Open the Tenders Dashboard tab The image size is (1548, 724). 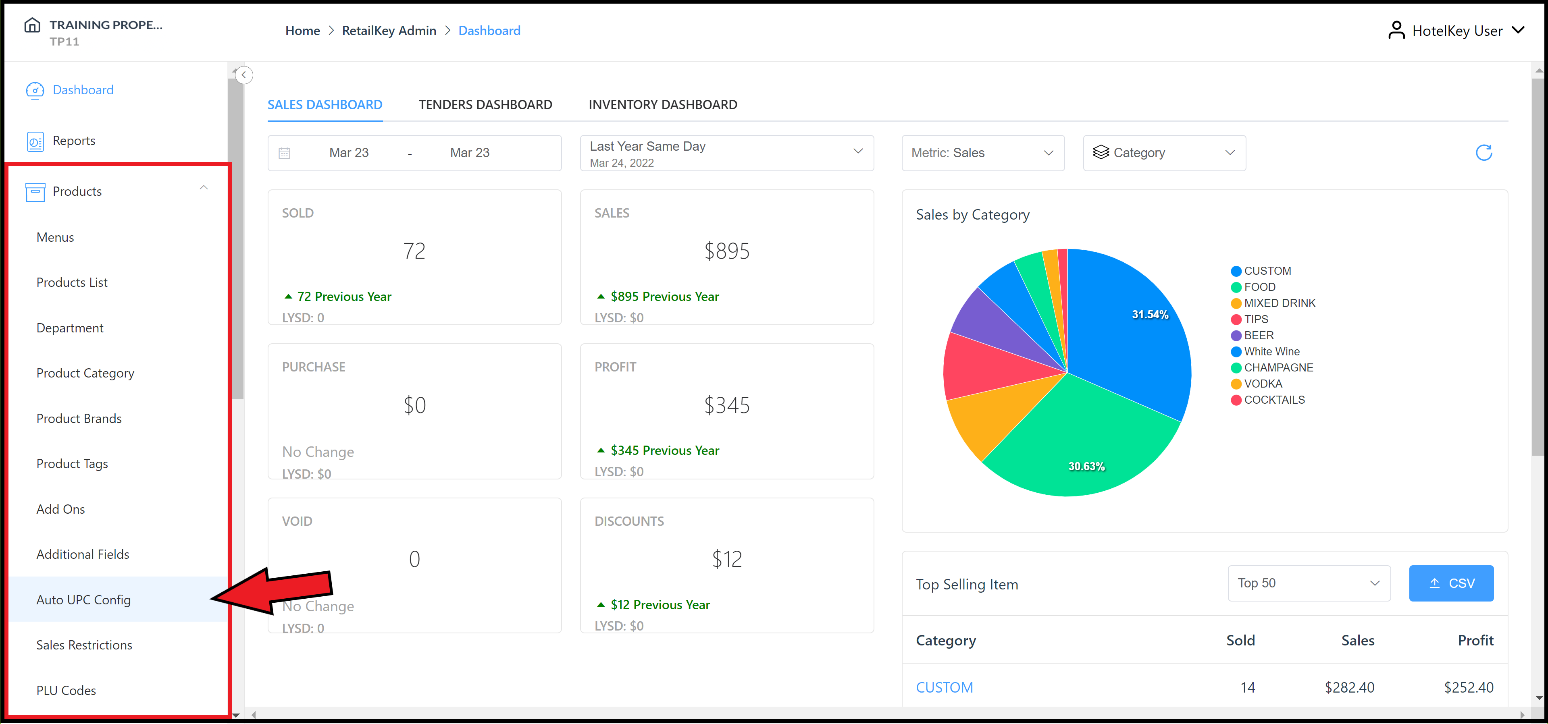click(485, 104)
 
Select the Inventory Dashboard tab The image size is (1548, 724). click(662, 104)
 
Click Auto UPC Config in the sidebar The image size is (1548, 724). click(83, 600)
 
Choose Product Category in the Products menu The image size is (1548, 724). click(85, 373)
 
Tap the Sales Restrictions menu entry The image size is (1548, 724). click(84, 645)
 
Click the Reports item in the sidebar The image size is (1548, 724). click(74, 141)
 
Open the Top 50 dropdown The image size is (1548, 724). click(1308, 583)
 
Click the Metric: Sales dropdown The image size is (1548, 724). click(982, 153)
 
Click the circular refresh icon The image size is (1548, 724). click(1483, 153)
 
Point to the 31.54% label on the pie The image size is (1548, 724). click(1150, 314)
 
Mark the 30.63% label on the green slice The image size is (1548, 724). click(1086, 466)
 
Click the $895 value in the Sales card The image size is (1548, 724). click(726, 251)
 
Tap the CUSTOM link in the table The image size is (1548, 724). click(944, 687)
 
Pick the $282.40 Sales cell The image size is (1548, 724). click(1349, 687)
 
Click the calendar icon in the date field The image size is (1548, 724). click(284, 153)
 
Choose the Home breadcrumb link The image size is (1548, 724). click(302, 31)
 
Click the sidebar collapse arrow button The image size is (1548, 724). click(244, 75)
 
